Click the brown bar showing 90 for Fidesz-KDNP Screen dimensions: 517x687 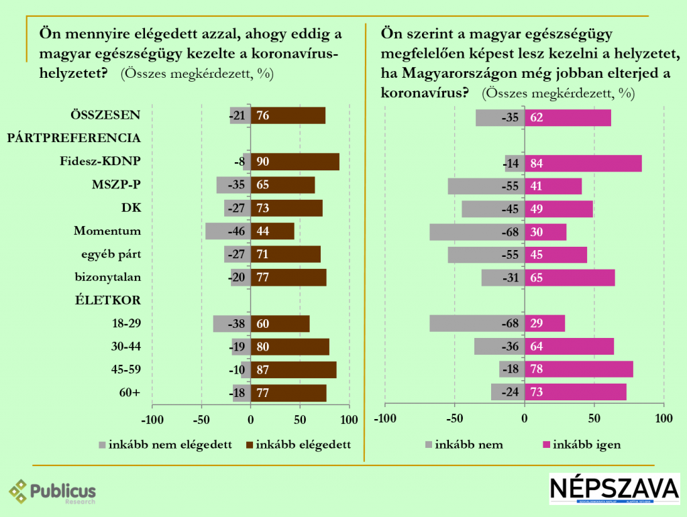tap(295, 162)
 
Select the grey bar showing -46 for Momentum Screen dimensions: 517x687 tap(228, 231)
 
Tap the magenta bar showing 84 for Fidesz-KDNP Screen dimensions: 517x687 tap(583, 163)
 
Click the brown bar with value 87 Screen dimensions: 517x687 tap(294, 369)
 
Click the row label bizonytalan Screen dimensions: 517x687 tap(107, 276)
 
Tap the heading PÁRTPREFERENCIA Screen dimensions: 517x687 tap(74, 138)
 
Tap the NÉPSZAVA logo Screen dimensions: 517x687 tap(614, 490)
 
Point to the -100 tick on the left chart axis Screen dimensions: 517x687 tap(152, 420)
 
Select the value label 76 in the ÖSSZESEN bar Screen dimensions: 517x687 tap(263, 115)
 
